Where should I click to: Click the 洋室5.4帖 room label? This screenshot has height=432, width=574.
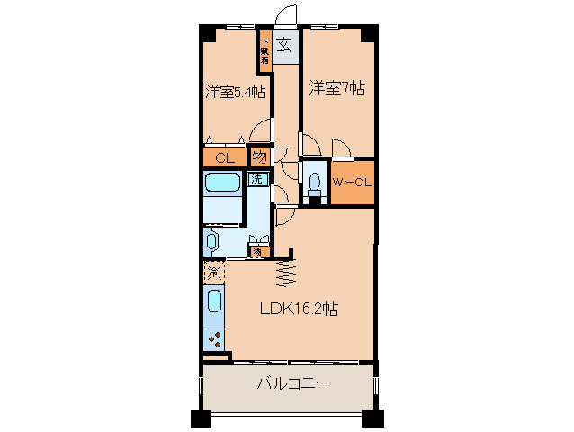234,91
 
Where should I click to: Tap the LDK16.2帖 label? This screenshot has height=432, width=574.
299,309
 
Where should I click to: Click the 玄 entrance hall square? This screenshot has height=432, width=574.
283,45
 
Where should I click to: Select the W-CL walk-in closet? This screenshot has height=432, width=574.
352,183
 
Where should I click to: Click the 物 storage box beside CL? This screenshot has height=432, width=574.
258,157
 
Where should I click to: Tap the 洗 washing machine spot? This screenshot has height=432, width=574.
257,178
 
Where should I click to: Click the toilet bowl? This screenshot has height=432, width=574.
314,184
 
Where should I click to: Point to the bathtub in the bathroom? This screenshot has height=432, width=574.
220,184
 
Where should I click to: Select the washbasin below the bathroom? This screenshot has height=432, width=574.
212,241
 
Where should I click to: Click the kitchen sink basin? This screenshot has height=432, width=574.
215,301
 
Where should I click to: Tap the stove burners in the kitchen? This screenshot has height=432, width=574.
216,338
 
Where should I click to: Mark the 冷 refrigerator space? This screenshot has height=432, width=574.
214,270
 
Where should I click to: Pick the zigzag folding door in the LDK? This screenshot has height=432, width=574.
286,270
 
